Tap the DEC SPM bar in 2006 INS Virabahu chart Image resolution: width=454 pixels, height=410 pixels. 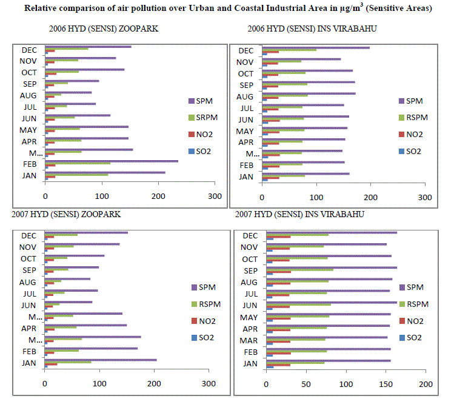[x=315, y=47]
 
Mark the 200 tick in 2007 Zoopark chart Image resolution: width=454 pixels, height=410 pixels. [x=154, y=384]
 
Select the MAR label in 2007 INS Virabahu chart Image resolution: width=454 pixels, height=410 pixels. [x=249, y=340]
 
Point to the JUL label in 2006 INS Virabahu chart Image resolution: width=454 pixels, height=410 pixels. [x=246, y=108]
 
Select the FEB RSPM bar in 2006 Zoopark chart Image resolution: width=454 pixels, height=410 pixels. [x=78, y=163]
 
